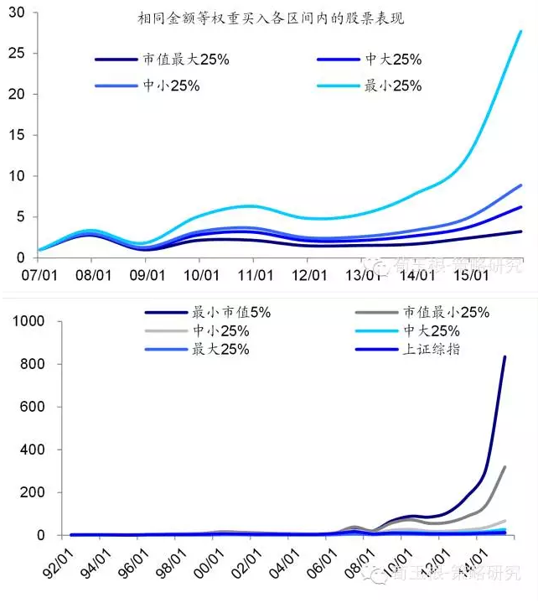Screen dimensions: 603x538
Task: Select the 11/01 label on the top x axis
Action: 256,273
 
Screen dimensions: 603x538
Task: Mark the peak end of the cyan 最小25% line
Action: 520,32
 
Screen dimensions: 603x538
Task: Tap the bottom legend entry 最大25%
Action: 221,349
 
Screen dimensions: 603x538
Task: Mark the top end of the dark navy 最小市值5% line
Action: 504,357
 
